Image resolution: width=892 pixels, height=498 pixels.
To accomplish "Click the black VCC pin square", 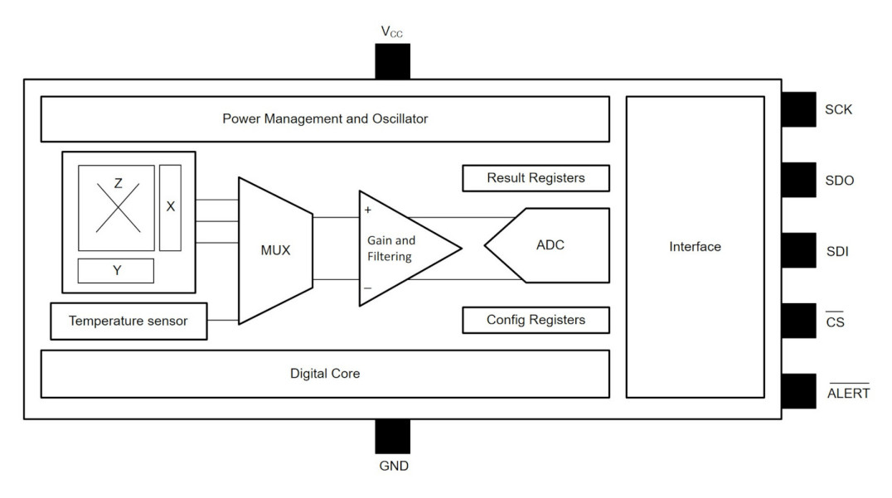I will coord(392,61).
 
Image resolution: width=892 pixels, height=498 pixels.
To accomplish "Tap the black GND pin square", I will coord(392,436).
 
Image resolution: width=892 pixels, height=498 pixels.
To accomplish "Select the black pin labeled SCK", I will coord(798,109).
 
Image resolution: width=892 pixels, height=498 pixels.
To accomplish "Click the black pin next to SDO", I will coord(798,179).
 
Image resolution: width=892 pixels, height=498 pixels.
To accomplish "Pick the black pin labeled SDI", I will coord(798,249).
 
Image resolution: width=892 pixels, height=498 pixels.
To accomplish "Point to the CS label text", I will coord(836,322).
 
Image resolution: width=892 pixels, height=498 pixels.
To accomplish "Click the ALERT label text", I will coord(848,393).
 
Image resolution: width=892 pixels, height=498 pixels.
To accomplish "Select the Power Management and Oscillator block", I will coord(325,118).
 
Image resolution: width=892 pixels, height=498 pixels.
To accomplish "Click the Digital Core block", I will coord(325,374).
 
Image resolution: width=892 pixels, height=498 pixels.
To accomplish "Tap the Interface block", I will coord(695,247).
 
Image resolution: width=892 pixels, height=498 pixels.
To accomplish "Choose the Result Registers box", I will coord(536,178).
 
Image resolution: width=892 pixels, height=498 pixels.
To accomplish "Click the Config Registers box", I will coord(536,320).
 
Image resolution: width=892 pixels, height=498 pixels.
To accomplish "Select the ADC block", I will coord(550,245).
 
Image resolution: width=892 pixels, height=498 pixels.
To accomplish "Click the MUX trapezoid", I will coord(275,249).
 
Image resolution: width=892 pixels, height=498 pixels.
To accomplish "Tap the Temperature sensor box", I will coord(128,322).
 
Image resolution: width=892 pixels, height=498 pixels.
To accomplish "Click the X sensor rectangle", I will coord(170,207).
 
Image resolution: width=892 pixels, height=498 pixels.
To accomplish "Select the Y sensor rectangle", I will coord(116,270).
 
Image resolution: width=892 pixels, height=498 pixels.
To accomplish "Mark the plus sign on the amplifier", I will coord(367,210).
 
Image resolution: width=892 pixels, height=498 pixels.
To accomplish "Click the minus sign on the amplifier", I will coord(367,288).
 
